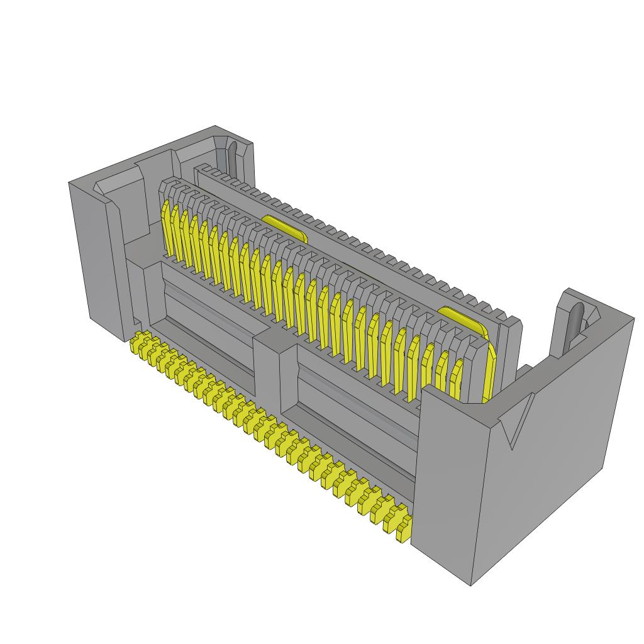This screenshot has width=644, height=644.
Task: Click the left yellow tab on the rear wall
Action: [x=284, y=228]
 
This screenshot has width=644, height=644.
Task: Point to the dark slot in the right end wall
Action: [x=577, y=321]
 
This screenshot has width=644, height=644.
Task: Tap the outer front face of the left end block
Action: [x=94, y=252]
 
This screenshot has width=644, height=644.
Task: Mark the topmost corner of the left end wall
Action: [x=216, y=126]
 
